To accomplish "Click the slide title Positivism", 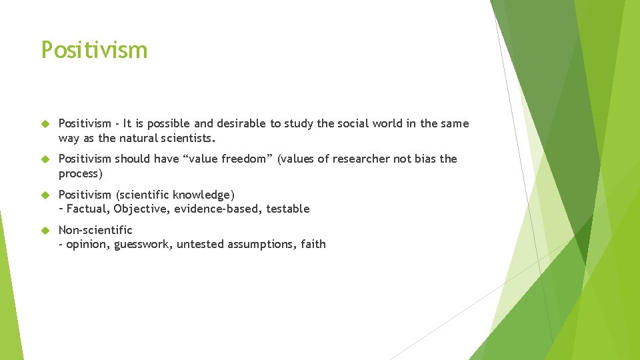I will pyautogui.click(x=94, y=50).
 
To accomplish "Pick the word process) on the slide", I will pyautogui.click(x=78, y=173).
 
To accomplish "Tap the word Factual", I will pyautogui.click(x=87, y=209).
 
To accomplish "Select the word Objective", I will pyautogui.click(x=139, y=209).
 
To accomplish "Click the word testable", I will pyautogui.click(x=287, y=209).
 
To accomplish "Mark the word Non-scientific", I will pyautogui.click(x=95, y=230).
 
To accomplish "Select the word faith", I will pyautogui.click(x=313, y=244).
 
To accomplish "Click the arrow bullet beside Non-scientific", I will pyautogui.click(x=45, y=230).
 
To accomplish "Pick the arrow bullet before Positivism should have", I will pyautogui.click(x=45, y=159).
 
